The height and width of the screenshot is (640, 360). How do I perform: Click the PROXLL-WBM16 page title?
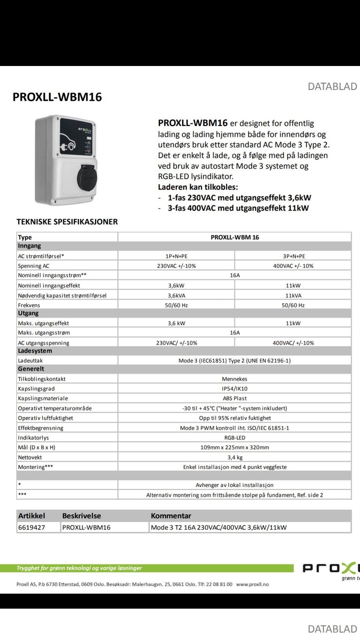click(57, 97)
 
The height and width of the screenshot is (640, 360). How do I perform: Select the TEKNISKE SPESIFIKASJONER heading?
click(67, 222)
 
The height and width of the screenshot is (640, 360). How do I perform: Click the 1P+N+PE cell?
click(176, 256)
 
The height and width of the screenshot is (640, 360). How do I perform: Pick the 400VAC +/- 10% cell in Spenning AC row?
click(293, 266)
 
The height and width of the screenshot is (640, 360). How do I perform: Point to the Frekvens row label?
click(29, 305)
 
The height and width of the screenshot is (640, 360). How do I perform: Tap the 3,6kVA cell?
click(176, 295)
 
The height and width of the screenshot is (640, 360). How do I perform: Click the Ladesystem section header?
click(35, 351)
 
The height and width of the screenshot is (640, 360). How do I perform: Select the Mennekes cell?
click(234, 379)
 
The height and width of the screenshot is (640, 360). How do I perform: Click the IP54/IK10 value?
click(234, 389)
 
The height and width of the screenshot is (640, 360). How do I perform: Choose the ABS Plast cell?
click(234, 399)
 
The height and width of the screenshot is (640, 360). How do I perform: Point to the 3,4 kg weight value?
click(235, 457)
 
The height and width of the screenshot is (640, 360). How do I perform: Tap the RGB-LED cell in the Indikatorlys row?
click(235, 438)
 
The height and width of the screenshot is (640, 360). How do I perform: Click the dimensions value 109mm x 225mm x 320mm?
click(234, 447)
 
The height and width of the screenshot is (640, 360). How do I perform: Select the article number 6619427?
click(31, 528)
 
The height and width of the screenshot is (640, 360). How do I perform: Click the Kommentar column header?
click(171, 516)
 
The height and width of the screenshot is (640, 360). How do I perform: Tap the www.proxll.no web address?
click(252, 584)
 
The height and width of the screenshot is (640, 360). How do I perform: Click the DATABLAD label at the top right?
click(332, 87)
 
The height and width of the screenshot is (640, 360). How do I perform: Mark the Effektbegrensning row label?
click(40, 428)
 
